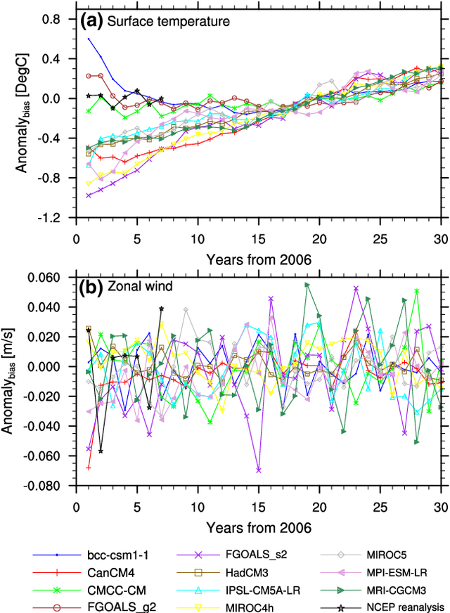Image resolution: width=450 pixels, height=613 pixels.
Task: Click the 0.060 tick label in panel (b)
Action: (47, 278)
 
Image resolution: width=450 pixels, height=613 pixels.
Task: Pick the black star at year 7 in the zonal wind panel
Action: (162, 309)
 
